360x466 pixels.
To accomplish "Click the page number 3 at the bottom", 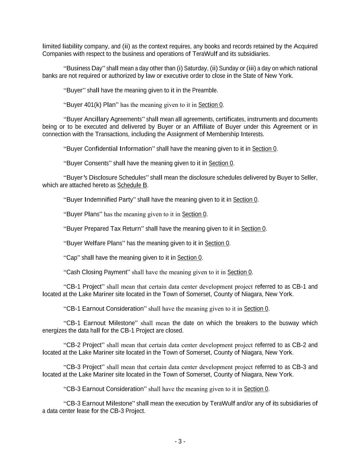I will [x=180, y=441].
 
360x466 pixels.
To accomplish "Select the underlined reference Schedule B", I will [x=132, y=185].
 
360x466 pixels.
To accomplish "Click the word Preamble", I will [x=204, y=90].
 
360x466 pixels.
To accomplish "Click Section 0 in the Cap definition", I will [x=189, y=258].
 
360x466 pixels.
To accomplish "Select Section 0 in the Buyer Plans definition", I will [x=194, y=214].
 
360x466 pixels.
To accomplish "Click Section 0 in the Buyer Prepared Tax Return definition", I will [x=253, y=229].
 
